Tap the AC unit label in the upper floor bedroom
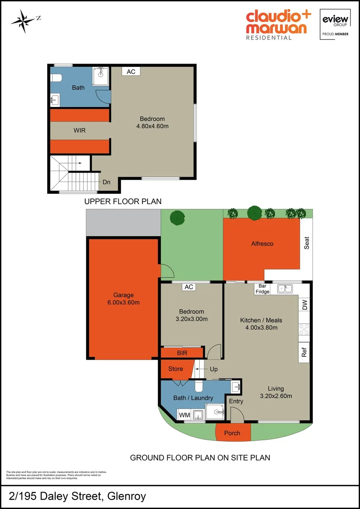click(x=131, y=72)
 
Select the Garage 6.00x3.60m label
click(x=123, y=299)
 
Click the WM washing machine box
click(x=184, y=415)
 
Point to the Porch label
click(x=232, y=433)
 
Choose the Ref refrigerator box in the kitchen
click(x=304, y=353)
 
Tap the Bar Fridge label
click(x=262, y=289)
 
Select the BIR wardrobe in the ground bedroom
click(x=182, y=353)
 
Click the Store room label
click(x=175, y=369)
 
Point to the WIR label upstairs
click(x=79, y=130)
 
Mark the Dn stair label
click(x=106, y=182)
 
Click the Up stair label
click(x=213, y=369)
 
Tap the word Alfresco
click(x=262, y=244)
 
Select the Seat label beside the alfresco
click(x=307, y=243)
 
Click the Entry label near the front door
click(x=236, y=402)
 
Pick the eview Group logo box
click(x=335, y=24)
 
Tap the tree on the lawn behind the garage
click(x=177, y=218)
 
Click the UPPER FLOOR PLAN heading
click(x=123, y=202)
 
